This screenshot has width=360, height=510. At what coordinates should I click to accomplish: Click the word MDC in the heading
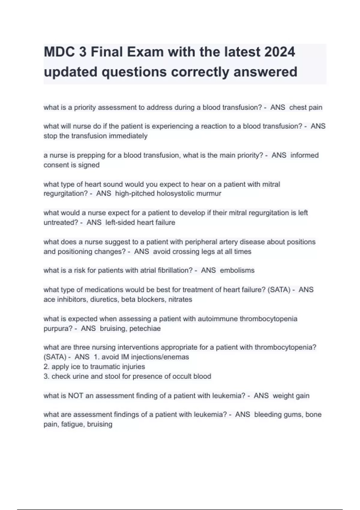[x=59, y=52]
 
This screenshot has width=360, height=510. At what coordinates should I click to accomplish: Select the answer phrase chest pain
[x=306, y=107]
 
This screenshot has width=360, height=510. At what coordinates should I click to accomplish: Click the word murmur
[x=209, y=193]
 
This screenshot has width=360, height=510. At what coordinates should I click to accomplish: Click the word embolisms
[x=237, y=270]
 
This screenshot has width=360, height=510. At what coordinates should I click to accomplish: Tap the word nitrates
[x=180, y=299]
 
